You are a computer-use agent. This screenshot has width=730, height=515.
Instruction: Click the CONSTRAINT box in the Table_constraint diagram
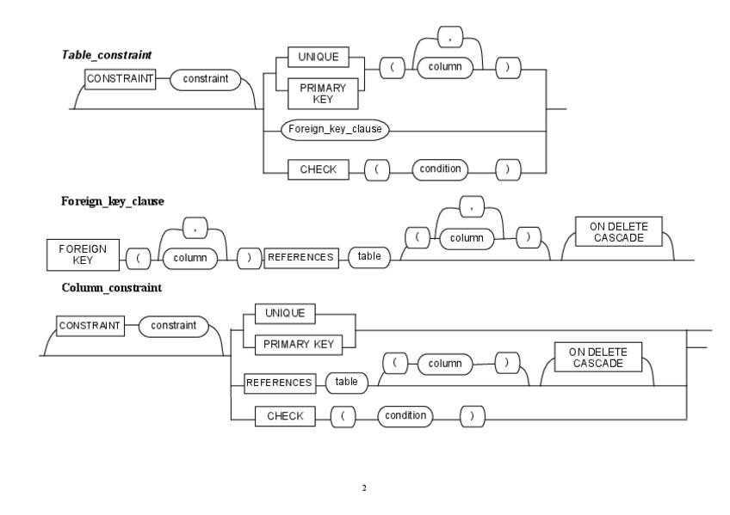[x=119, y=78]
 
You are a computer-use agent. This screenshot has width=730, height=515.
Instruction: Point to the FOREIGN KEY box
[x=83, y=254]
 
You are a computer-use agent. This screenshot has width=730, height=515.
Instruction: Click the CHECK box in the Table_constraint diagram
[x=317, y=170]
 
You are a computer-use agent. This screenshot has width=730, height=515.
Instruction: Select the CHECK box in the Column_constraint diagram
[x=284, y=416]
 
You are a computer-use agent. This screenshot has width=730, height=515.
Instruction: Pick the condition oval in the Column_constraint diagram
[x=405, y=416]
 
